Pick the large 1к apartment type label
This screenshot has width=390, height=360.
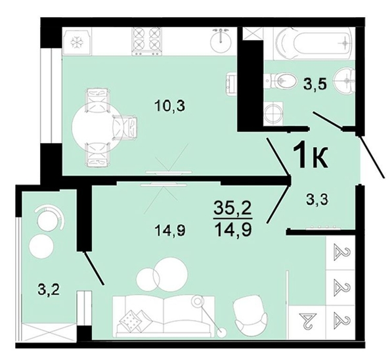tap(310, 156)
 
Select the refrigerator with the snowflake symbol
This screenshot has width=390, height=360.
tap(77, 41)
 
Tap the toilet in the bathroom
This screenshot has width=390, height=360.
tap(283, 81)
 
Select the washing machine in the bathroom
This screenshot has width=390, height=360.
tap(274, 112)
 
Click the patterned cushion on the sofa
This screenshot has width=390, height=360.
tap(130, 319)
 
